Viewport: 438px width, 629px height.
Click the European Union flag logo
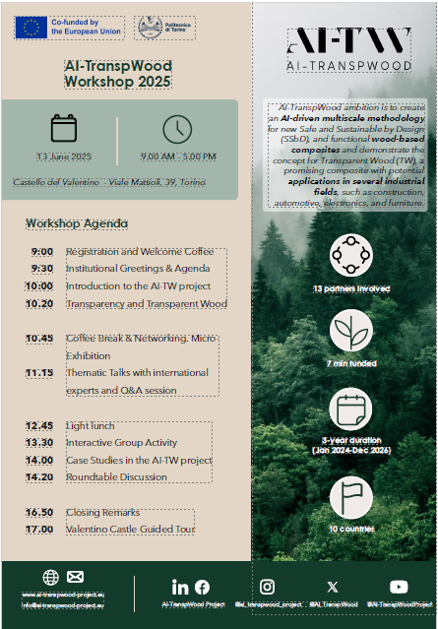point(31,28)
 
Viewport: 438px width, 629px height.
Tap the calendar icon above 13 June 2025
point(64,129)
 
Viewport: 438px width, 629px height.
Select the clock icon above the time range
point(177,129)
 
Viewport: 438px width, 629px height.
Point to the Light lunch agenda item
point(91,426)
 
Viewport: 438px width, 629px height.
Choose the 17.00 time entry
point(39,530)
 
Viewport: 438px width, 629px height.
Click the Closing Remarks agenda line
point(103,513)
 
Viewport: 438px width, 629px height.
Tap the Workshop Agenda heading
point(78,223)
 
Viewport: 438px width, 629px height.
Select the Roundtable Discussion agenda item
point(117,477)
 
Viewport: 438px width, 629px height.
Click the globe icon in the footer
point(51,577)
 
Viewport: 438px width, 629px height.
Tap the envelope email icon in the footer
point(76,577)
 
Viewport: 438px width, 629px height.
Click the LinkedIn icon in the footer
point(180,587)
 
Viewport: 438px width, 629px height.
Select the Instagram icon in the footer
point(267,587)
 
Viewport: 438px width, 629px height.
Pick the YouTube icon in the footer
point(399,587)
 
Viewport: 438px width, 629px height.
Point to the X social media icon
point(332,587)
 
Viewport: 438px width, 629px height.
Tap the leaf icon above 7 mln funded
point(351,331)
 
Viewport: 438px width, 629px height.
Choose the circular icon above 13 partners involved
point(351,255)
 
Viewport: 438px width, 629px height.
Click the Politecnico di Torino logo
point(163,28)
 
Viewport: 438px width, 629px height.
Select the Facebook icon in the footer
point(202,587)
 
